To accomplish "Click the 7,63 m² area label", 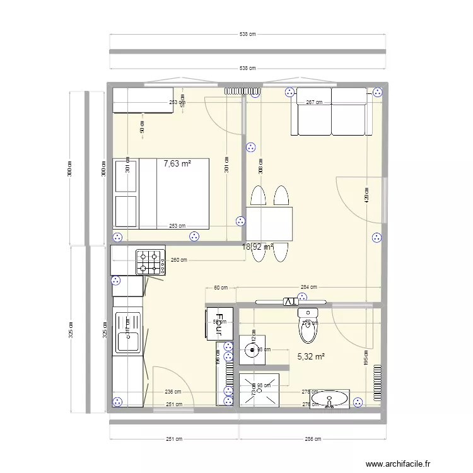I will [177, 163].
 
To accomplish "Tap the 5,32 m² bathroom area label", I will [311, 356].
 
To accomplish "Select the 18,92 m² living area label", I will [257, 247].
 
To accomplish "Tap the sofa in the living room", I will [330, 112].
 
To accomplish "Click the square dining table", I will [270, 224].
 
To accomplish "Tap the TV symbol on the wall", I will [289, 301].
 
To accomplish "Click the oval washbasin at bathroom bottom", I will [330, 399].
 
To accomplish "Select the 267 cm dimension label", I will [313, 102].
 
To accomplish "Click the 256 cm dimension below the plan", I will [313, 439].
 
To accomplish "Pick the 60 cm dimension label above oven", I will [221, 288].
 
